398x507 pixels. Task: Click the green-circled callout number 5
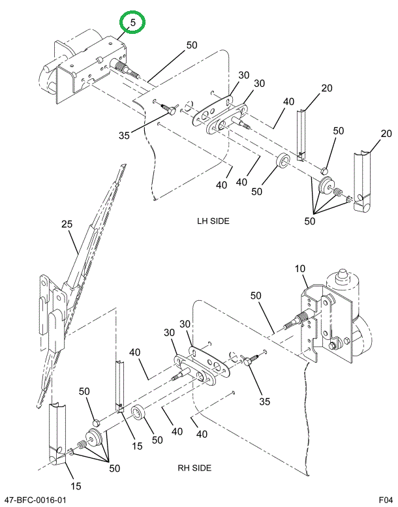click(x=132, y=23)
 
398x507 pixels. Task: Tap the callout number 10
click(x=300, y=269)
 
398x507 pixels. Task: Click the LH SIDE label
click(x=213, y=221)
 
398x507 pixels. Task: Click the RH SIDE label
click(x=194, y=468)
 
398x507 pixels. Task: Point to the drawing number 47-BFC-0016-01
click(x=36, y=500)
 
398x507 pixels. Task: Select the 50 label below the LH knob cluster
click(x=309, y=221)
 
